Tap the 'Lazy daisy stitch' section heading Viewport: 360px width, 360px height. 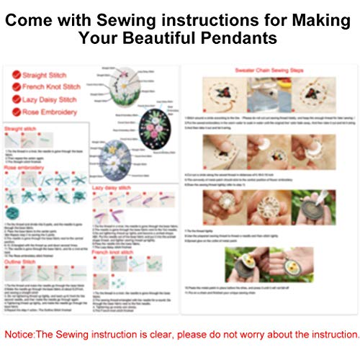pos(112,187)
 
